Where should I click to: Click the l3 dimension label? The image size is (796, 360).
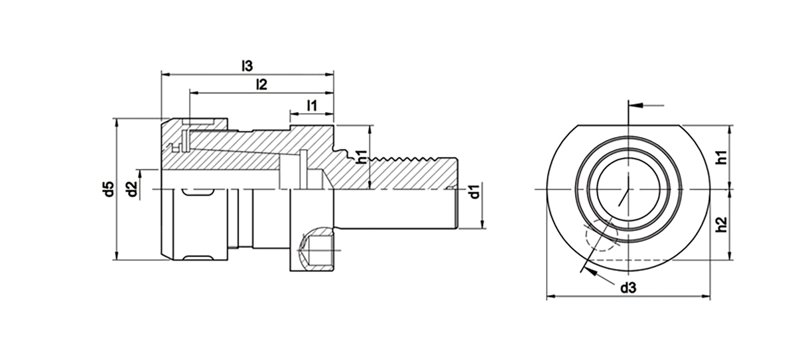coord(247,66)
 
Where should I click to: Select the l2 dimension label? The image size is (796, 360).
coord(261,84)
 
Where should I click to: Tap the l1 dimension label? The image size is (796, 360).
coord(311,105)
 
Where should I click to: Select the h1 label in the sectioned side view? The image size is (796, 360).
coord(362,157)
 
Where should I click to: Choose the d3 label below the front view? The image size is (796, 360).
coord(628,288)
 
